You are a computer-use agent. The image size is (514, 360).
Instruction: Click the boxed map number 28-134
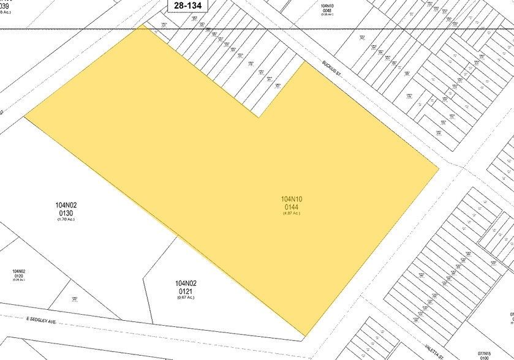pos(188,5)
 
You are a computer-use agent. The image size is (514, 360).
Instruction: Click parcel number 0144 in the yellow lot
pos(292,206)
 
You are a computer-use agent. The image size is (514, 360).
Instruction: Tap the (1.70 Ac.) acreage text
pos(66,219)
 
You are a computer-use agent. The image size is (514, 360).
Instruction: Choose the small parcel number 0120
pos(18,277)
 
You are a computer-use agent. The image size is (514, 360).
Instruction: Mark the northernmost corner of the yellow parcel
pos(144,26)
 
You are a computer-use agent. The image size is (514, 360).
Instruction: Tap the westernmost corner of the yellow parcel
pos(25,115)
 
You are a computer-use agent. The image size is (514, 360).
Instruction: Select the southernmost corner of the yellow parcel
pos(304,336)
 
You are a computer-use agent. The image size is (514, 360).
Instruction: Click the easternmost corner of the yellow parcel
pos(439,168)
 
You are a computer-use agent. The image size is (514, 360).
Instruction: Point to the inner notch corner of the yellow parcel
pos(259,116)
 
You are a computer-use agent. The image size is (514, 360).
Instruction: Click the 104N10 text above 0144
pos(292,199)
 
